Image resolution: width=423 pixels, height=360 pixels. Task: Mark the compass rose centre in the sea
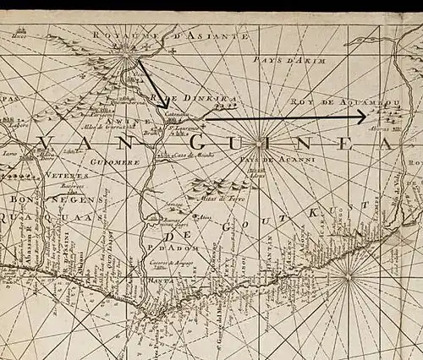pos(348,277)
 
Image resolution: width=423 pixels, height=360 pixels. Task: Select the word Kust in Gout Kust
pos(312,215)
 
